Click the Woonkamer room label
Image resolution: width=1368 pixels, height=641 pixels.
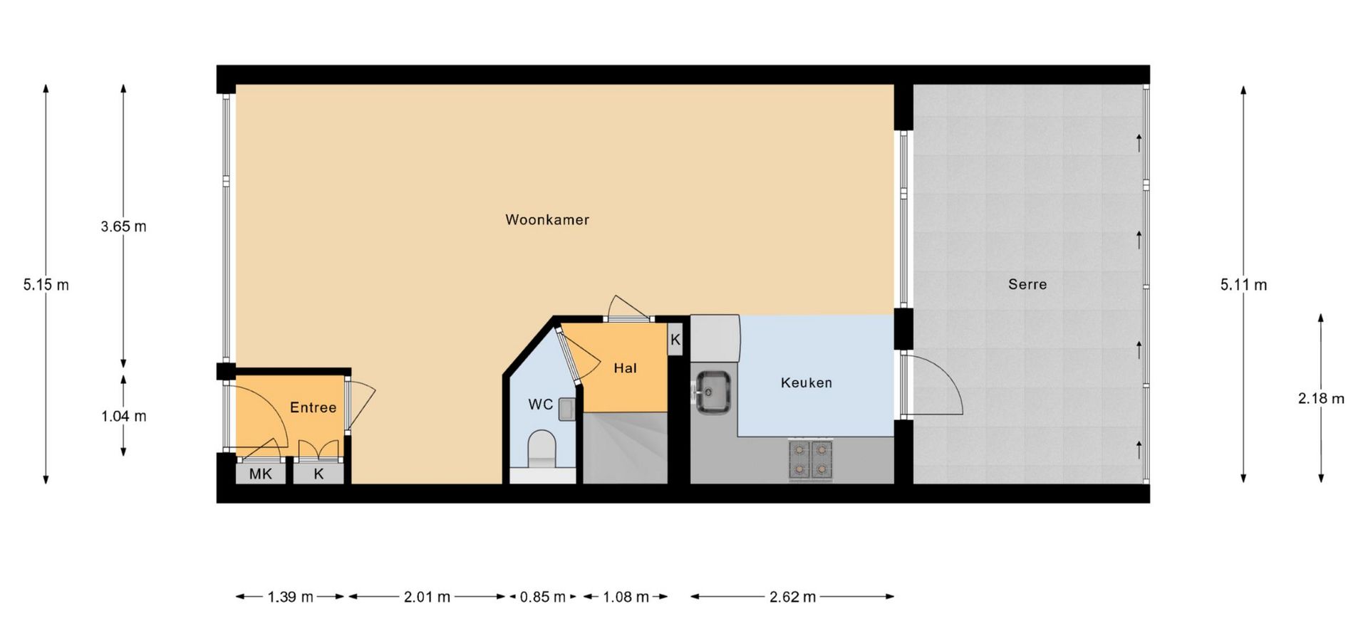click(x=547, y=220)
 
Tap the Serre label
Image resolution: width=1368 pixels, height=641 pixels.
click(x=1027, y=284)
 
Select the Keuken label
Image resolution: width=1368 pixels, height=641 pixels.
click(x=806, y=382)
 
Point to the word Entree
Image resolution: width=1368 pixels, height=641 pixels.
click(x=313, y=407)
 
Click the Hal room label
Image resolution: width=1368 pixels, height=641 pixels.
click(x=625, y=368)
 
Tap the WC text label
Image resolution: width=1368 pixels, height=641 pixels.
click(x=541, y=405)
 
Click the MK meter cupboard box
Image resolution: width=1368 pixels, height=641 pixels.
click(x=261, y=474)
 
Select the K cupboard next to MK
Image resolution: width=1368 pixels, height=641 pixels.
click(x=318, y=474)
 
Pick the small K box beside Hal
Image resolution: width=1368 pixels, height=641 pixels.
click(x=675, y=340)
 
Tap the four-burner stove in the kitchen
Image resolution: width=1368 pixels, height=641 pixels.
click(x=811, y=460)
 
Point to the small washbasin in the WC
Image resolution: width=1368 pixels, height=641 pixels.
click(x=567, y=410)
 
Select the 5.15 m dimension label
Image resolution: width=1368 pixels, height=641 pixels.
click(x=46, y=285)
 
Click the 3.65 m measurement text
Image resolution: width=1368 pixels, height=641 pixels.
click(x=123, y=226)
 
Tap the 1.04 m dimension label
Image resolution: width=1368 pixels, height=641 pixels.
click(x=124, y=416)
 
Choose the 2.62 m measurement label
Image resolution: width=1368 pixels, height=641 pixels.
click(x=792, y=597)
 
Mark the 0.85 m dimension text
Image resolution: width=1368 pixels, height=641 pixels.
click(x=542, y=597)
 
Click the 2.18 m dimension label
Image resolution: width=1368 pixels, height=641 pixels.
click(x=1321, y=398)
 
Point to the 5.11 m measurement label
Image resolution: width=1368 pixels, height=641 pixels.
click(x=1243, y=285)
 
